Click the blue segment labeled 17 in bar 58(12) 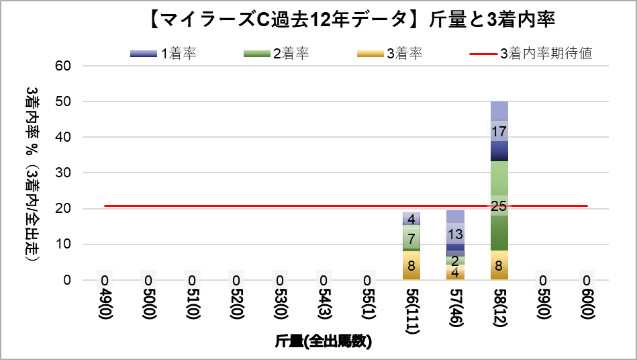(x=499, y=132)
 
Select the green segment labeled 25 (x=499, y=206)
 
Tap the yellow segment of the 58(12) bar (x=499, y=265)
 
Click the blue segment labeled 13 (x=455, y=234)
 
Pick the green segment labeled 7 (x=411, y=238)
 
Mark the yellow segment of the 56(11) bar (x=411, y=265)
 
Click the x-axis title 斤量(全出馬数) (x=324, y=342)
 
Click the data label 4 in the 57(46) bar (x=455, y=273)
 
